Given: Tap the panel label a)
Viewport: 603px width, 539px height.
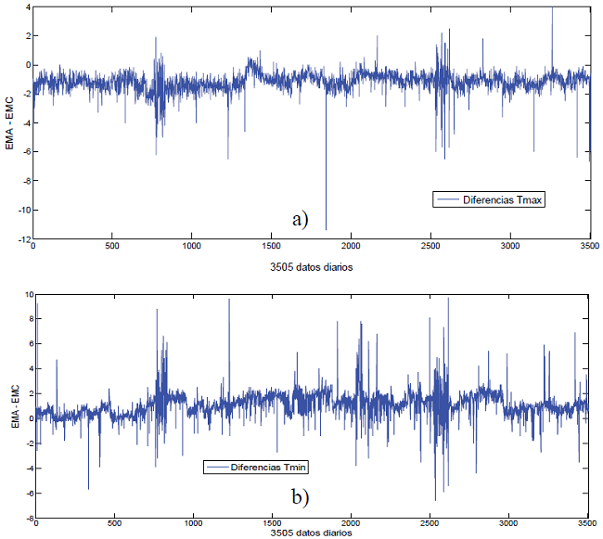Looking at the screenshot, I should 299,219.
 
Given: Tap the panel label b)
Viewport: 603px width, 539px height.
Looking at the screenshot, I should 299,496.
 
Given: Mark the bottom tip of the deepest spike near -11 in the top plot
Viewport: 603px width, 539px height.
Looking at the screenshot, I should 326,229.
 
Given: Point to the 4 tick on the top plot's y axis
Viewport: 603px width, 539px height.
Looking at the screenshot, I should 27,7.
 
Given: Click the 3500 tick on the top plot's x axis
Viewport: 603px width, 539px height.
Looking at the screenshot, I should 588,247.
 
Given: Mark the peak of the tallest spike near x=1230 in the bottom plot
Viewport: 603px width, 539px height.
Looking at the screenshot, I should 229,299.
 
